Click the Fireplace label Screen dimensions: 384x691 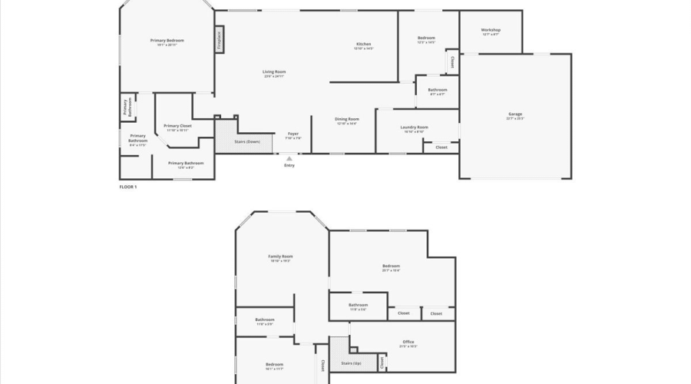(x=220, y=40)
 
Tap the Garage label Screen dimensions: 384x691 (x=514, y=114)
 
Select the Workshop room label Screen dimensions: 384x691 (x=491, y=30)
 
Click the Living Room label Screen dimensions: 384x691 (x=274, y=72)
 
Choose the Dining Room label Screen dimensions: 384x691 (x=347, y=119)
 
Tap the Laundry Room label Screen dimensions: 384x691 (x=414, y=127)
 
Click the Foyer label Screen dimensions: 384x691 (x=293, y=134)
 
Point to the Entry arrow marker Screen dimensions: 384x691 (x=289, y=158)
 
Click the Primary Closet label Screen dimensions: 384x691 (x=177, y=125)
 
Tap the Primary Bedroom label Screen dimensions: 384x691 (x=167, y=41)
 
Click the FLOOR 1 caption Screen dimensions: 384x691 (x=127, y=187)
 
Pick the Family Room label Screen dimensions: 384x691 (x=280, y=257)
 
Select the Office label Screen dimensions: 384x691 (x=408, y=342)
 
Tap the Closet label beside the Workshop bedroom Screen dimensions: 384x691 (x=452, y=62)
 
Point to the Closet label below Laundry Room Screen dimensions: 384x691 (x=441, y=147)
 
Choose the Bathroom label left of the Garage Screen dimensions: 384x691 (x=437, y=90)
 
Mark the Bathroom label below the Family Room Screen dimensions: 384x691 (x=265, y=319)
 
